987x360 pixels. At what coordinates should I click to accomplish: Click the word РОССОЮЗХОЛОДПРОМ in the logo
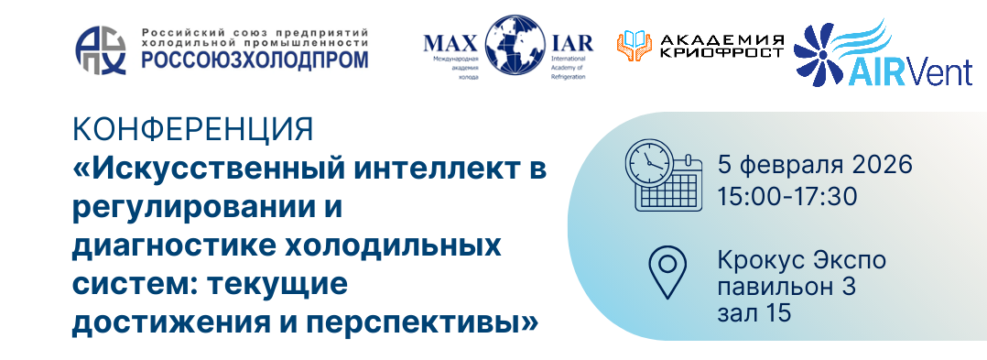255,60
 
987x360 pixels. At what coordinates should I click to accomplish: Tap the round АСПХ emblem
101,50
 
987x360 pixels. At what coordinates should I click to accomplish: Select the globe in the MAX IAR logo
515,45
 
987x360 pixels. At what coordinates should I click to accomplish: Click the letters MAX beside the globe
453,43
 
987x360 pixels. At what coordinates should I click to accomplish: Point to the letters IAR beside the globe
571,43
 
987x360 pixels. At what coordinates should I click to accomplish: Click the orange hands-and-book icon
634,46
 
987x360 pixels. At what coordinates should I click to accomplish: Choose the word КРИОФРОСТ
721,52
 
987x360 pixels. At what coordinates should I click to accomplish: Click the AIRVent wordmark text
909,73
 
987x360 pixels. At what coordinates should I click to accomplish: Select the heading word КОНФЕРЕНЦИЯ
192,130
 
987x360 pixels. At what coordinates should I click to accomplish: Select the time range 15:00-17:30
787,197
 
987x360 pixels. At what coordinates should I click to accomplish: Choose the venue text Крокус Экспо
802,260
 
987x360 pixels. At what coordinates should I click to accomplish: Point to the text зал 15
754,313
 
